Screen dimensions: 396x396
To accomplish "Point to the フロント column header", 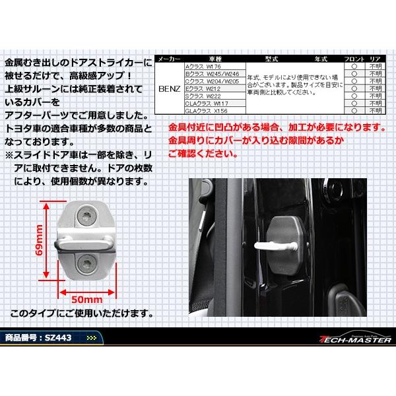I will pos(355,59).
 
